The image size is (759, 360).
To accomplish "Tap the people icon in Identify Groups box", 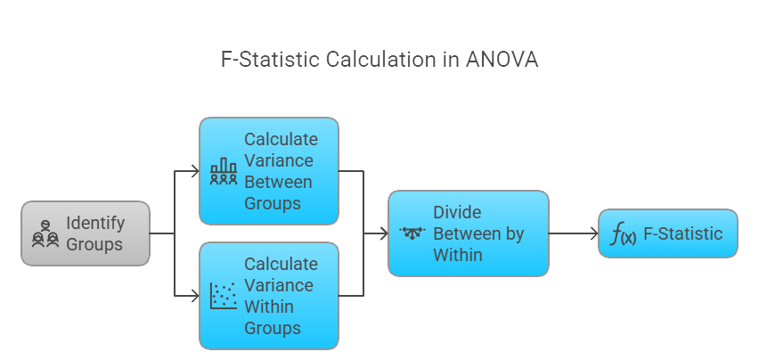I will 45,233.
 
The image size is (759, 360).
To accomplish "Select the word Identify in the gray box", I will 95,223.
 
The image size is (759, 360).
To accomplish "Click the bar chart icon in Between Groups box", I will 223,171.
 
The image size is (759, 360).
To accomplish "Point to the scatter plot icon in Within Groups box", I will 223,296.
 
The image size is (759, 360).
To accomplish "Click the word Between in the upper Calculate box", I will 278,182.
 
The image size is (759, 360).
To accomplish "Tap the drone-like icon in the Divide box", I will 413,233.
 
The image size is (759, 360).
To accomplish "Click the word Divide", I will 457,212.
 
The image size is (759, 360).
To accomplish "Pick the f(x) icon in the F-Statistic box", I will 622,235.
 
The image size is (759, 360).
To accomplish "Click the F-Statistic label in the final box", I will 683,234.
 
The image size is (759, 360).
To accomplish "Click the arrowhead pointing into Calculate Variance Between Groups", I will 195,170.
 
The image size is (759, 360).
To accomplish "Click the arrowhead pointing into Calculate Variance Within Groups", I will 195,296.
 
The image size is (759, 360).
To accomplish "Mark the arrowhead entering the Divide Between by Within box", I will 384,233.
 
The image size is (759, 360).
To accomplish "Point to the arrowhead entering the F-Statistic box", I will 593,233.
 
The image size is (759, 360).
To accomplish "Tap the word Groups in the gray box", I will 95,244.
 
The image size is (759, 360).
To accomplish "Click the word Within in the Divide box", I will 458,255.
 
